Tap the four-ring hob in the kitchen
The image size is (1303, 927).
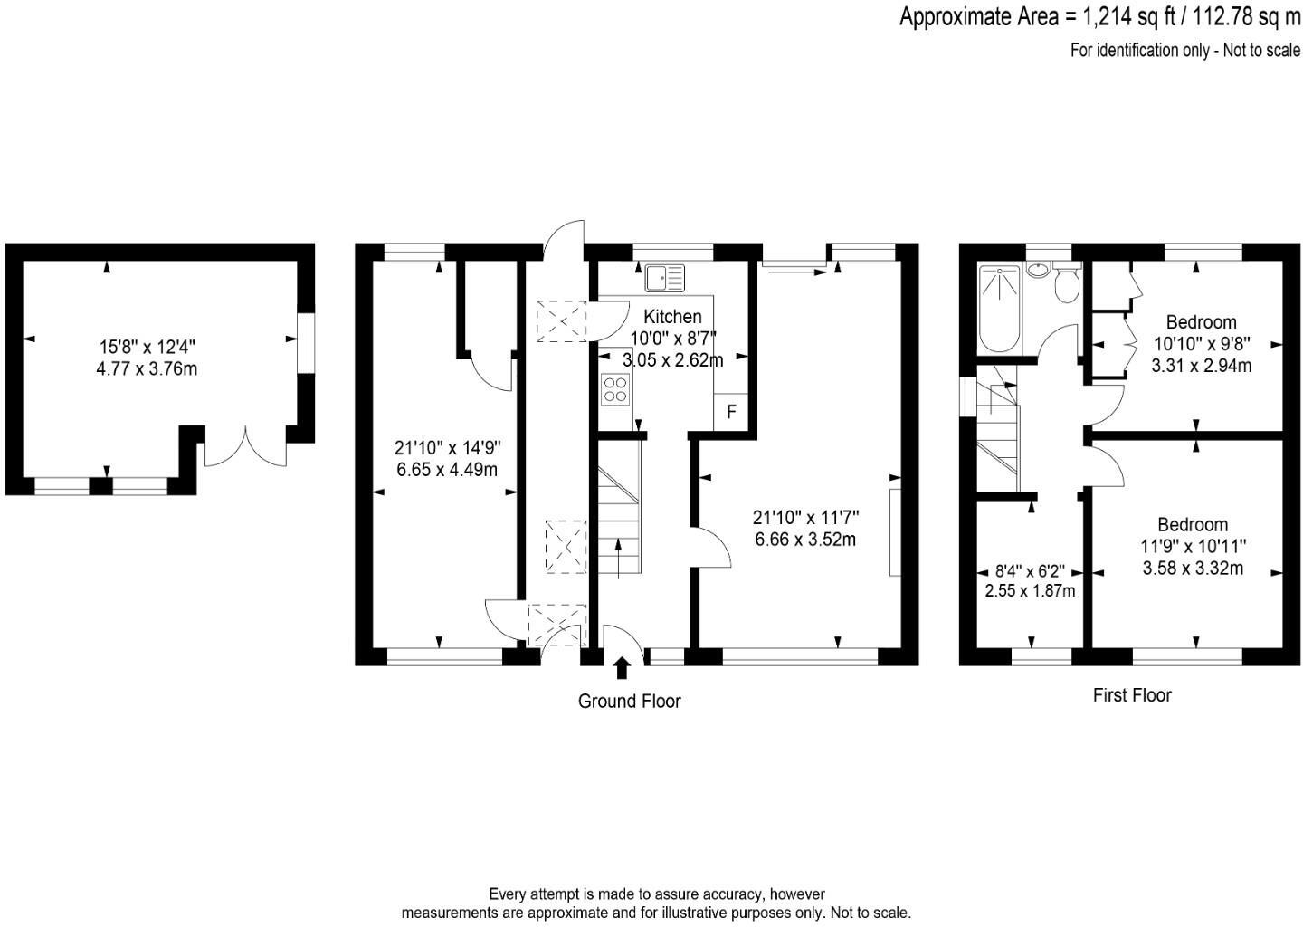pos(615,388)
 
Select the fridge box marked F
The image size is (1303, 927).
pos(731,412)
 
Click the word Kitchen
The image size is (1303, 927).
pos(672,317)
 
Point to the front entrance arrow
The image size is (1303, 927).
pos(622,668)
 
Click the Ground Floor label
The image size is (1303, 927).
pos(629,701)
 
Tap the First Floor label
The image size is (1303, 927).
pos(1131,695)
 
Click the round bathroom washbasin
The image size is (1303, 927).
pos(1040,270)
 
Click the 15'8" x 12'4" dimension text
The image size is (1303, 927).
pos(147,347)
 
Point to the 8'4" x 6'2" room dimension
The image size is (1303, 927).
pos(1030,572)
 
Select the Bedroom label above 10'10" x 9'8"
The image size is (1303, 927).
pos(1201,322)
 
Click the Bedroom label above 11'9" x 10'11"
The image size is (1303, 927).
pos(1193,525)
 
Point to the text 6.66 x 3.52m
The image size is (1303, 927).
pos(805,540)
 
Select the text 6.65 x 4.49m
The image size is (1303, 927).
pos(447,470)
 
